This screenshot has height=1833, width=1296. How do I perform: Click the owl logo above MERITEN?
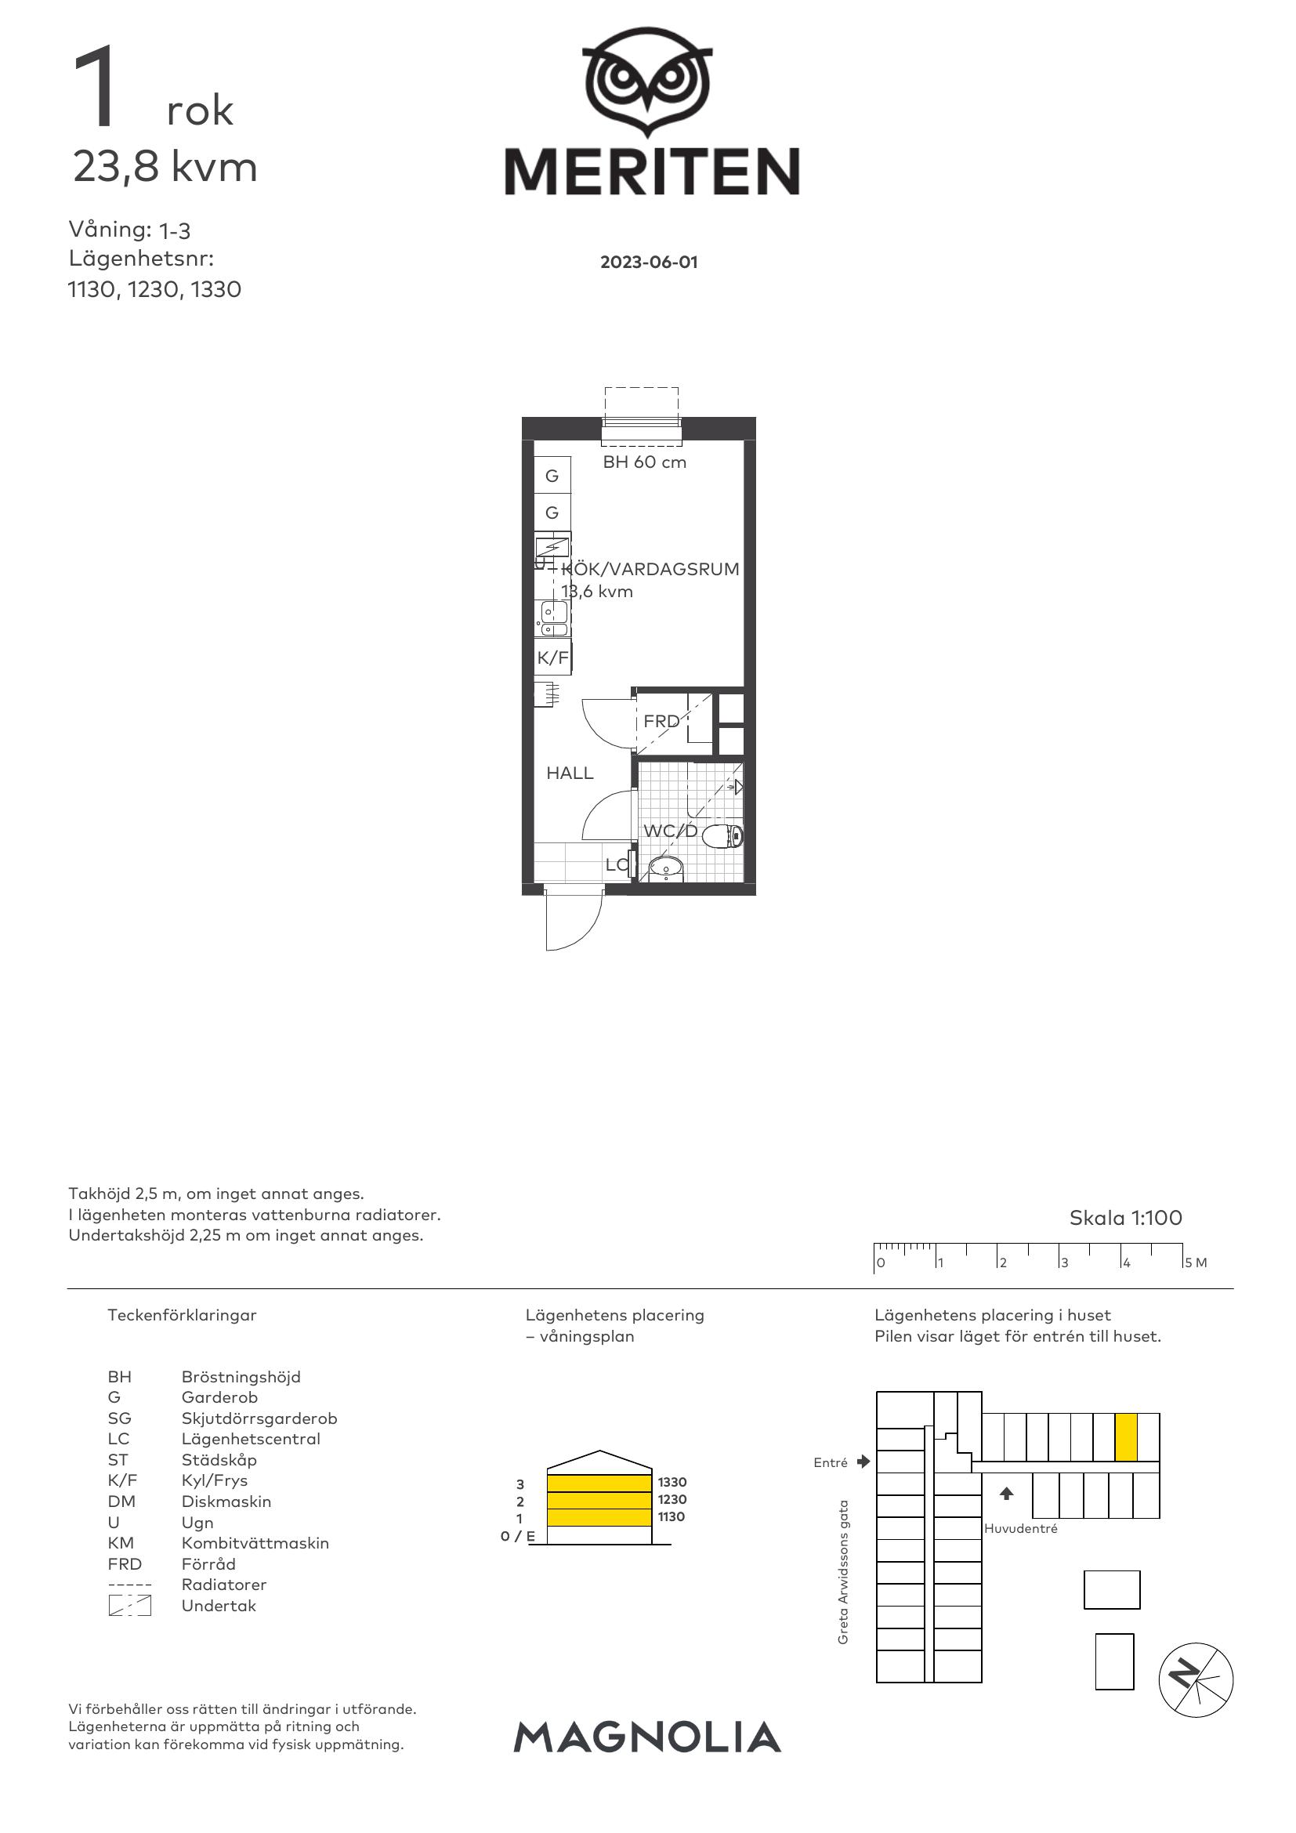click(x=647, y=82)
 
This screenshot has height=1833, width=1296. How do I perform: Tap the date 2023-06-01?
click(x=649, y=263)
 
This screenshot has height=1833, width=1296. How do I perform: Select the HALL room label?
click(x=570, y=773)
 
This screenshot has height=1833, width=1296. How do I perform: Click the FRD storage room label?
click(x=661, y=721)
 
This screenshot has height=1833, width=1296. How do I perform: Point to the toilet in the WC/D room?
click(x=723, y=836)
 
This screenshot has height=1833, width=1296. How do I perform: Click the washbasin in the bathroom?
click(x=665, y=868)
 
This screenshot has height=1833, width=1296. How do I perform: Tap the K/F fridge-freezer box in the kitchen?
click(x=552, y=657)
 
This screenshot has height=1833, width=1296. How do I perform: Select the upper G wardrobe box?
click(x=552, y=475)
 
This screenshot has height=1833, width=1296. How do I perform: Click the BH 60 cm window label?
click(x=644, y=462)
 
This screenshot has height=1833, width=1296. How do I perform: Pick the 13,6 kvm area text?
click(x=597, y=592)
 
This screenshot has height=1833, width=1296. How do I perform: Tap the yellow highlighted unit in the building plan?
click(x=1125, y=1437)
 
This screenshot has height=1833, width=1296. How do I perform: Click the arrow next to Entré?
click(x=863, y=1462)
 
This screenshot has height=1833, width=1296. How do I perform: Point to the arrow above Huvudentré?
click(x=1006, y=1493)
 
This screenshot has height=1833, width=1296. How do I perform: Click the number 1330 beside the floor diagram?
click(x=672, y=1482)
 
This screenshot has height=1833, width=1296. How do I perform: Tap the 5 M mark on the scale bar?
click(x=1196, y=1263)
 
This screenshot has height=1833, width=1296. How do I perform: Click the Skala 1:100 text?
click(x=1125, y=1218)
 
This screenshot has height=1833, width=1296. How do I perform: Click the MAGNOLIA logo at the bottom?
click(x=647, y=1737)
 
